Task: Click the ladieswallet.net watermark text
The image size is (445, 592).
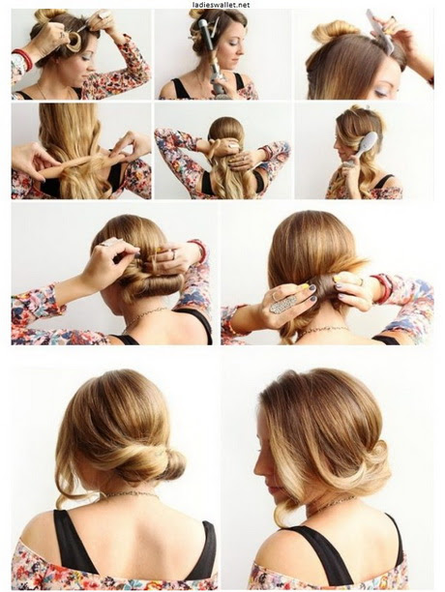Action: (221, 5)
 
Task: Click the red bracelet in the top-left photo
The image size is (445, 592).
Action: (23, 58)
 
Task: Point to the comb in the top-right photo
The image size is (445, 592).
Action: (380, 31)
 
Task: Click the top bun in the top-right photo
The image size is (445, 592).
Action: (335, 29)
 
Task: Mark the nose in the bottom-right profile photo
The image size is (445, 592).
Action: (259, 466)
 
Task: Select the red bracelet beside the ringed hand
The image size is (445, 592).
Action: (382, 289)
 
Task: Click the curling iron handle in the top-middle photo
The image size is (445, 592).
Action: (220, 80)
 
